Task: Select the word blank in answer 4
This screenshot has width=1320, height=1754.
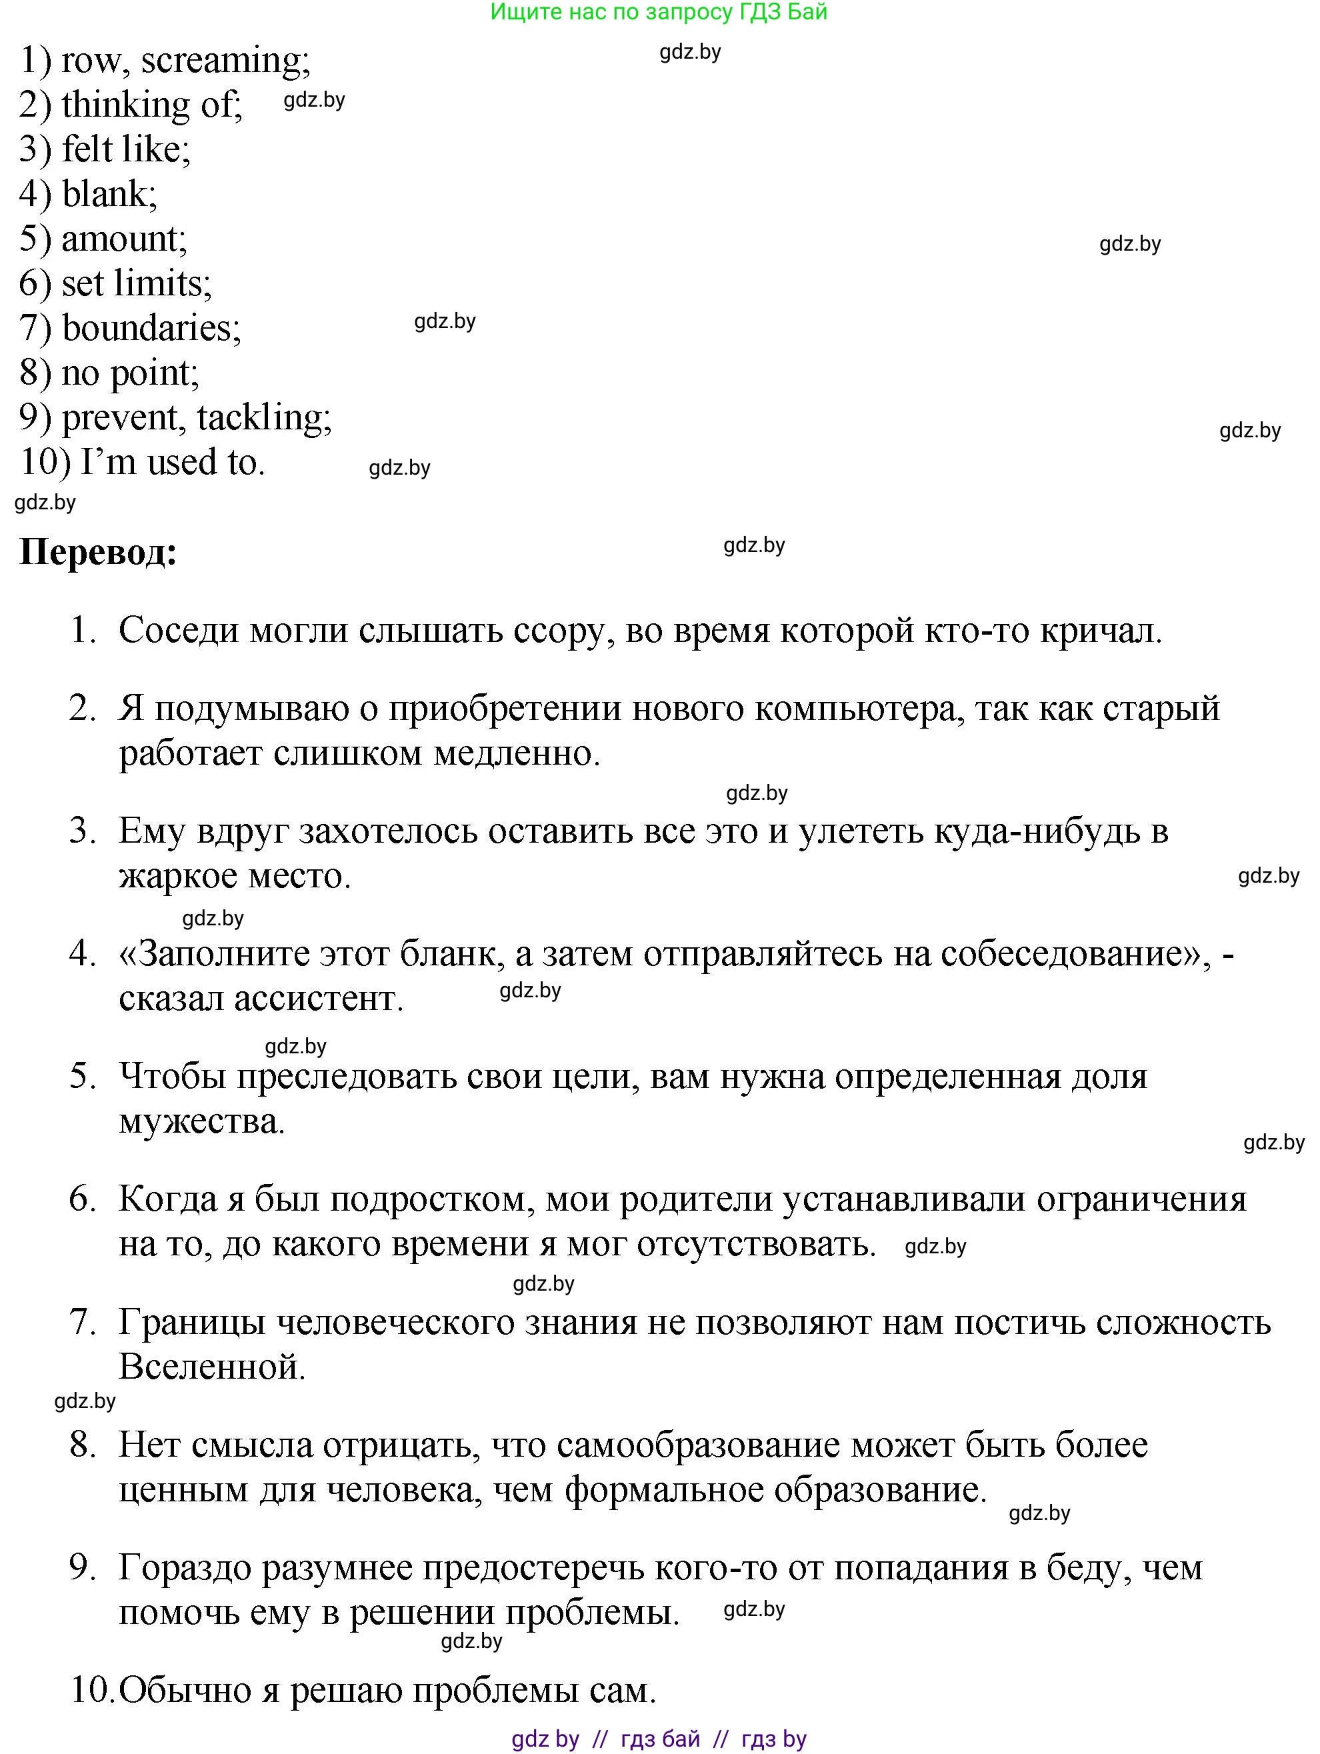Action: click(109, 194)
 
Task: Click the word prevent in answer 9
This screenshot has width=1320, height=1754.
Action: click(121, 419)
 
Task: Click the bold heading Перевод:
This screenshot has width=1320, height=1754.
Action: click(97, 553)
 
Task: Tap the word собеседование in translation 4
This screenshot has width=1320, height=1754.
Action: click(1070, 954)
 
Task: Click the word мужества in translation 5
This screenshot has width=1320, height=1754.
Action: click(201, 1121)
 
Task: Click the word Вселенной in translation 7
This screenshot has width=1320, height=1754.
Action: click(212, 1367)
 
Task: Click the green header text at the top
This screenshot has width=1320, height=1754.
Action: click(659, 12)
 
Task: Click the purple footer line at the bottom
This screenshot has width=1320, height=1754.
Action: click(659, 1739)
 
